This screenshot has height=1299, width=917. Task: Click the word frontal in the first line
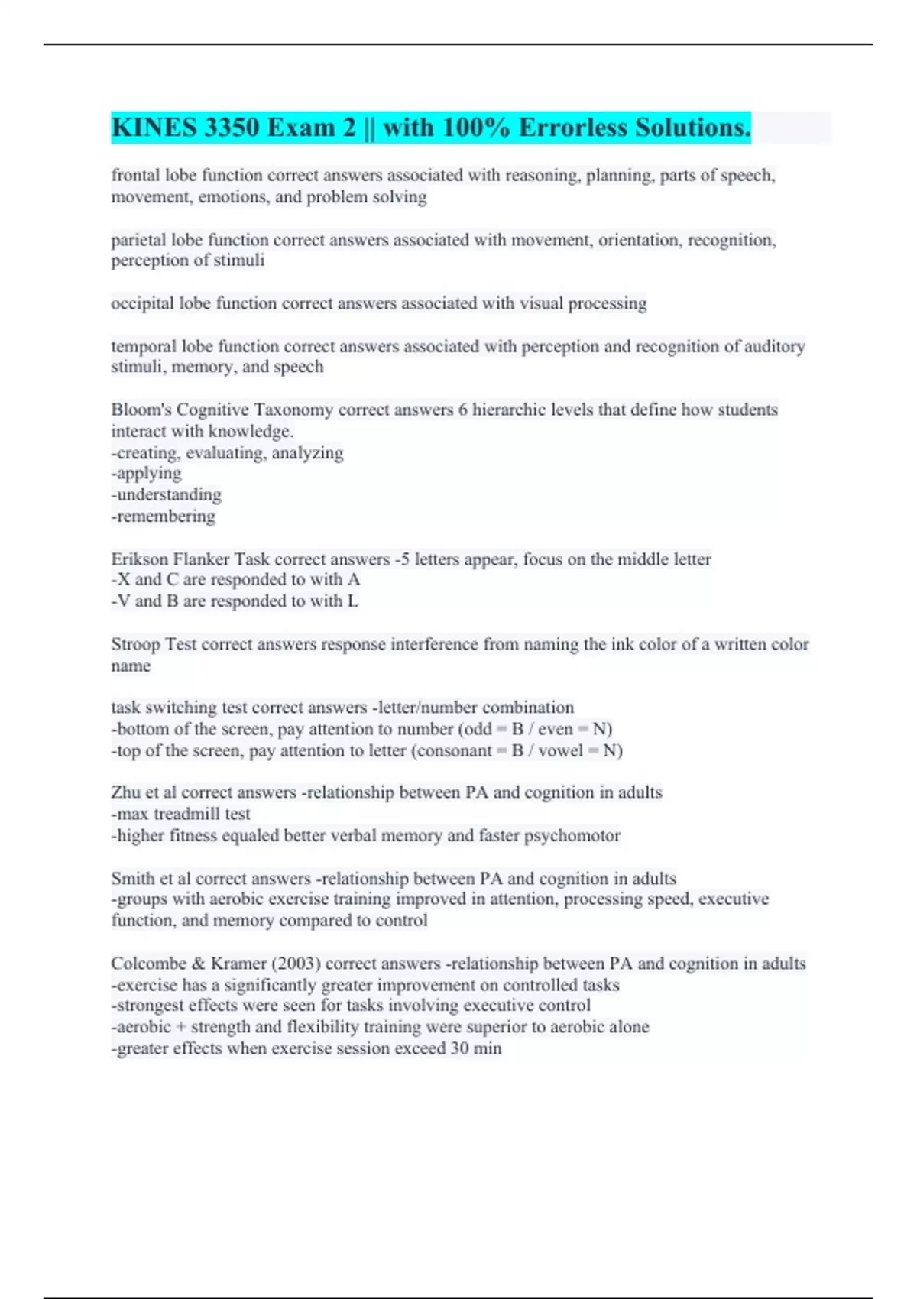point(135,175)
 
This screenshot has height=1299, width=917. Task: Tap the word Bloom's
point(141,410)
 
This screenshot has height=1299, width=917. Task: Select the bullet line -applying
point(147,474)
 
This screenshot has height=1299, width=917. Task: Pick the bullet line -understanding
point(167,494)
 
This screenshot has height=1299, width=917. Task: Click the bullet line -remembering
point(164,517)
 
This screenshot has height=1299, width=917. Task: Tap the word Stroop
point(135,644)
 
